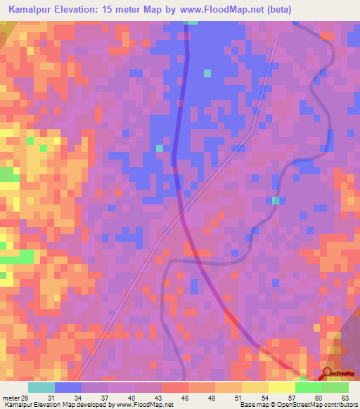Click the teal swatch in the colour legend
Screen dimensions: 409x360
[41, 388]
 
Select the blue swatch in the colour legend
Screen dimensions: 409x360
[68, 388]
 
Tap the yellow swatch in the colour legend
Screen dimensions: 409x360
[281, 388]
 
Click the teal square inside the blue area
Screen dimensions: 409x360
[207, 73]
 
